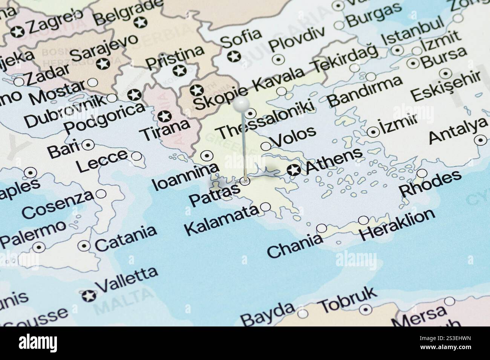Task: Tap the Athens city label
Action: (334, 161)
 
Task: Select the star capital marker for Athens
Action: (293, 170)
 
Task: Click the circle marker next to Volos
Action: (266, 146)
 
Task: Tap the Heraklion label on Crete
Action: (397, 225)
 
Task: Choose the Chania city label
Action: (295, 245)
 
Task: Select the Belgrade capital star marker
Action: (141, 23)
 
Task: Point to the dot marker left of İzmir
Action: (373, 132)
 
